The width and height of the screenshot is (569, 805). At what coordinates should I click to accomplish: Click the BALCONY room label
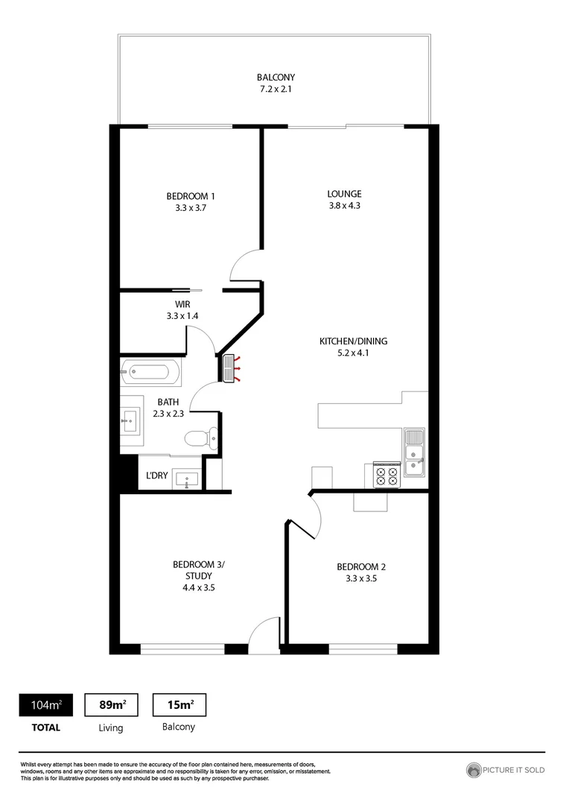click(x=276, y=78)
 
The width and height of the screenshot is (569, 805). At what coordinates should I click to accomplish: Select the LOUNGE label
click(x=344, y=195)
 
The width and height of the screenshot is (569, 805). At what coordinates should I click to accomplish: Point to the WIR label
click(x=183, y=304)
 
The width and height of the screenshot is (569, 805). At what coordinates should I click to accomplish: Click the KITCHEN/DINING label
click(x=354, y=341)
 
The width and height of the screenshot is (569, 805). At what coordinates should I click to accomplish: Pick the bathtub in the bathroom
click(x=150, y=372)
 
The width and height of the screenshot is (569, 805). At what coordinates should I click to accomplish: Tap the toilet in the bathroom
click(x=200, y=439)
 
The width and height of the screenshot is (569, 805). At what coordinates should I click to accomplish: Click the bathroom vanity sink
click(x=130, y=421)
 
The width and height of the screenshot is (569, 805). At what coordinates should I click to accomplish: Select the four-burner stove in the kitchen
click(x=385, y=475)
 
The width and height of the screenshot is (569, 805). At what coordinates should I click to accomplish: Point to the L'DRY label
click(x=156, y=476)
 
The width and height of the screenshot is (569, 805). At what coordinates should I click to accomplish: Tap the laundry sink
click(x=186, y=479)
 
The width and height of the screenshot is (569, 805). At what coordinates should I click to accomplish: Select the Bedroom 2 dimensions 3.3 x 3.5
click(x=361, y=578)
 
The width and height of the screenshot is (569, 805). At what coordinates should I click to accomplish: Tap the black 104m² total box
click(x=46, y=704)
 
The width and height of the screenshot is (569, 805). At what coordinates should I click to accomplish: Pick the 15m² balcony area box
click(x=179, y=704)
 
